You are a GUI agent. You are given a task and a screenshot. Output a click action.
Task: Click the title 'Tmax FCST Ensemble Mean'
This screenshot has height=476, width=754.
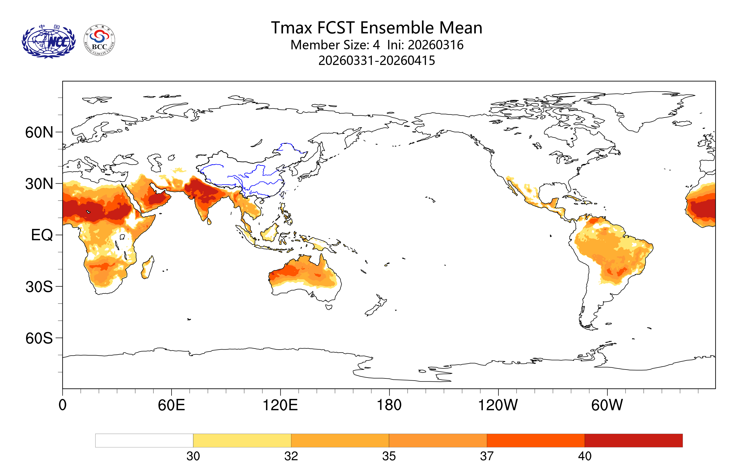(x=376, y=27)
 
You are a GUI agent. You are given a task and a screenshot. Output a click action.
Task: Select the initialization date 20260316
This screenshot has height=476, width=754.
(x=435, y=45)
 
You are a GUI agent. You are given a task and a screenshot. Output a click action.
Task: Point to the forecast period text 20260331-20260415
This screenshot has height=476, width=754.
(x=376, y=60)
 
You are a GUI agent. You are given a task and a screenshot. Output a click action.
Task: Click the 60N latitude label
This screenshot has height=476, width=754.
(x=39, y=133)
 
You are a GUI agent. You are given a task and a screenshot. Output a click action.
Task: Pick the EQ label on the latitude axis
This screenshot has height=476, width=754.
(x=42, y=235)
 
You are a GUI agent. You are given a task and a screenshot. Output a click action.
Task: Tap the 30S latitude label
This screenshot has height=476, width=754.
(x=39, y=287)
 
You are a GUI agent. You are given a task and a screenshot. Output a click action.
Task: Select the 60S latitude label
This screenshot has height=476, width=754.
(x=39, y=339)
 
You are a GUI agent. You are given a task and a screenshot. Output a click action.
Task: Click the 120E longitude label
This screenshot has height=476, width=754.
(x=280, y=405)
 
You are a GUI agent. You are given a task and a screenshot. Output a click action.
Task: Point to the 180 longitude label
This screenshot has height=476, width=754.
(x=389, y=405)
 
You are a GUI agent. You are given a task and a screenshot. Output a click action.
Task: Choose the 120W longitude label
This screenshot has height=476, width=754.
(x=498, y=405)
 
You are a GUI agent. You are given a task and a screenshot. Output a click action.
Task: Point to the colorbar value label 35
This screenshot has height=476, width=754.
(x=389, y=456)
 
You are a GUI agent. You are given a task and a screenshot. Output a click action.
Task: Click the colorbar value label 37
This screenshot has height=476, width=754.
(x=487, y=456)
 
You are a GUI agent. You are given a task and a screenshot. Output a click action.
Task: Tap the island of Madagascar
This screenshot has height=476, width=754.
(x=148, y=267)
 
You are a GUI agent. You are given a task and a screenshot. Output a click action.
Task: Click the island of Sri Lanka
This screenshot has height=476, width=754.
(x=209, y=222)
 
